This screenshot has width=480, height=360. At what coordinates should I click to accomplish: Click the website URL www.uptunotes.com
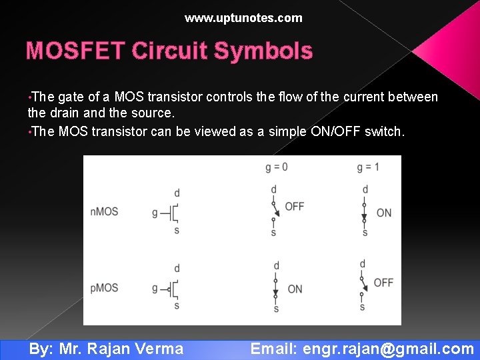[x=243, y=18]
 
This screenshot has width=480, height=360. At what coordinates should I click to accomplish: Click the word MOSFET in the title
[x=75, y=51]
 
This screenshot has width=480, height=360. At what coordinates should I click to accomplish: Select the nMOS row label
[x=104, y=212]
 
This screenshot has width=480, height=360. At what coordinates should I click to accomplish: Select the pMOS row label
[x=104, y=288]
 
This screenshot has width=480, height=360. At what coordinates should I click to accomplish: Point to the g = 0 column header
[x=277, y=167]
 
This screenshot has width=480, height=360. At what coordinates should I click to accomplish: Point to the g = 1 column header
[x=367, y=167]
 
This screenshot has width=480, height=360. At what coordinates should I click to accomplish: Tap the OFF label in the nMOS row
[x=295, y=207]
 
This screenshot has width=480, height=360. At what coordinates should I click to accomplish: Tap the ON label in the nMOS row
[x=384, y=213]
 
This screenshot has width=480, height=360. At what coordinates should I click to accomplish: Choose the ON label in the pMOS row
[x=295, y=289]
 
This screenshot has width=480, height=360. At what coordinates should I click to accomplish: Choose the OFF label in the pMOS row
[x=383, y=283]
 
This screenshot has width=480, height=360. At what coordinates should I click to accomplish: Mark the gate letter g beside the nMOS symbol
[x=155, y=213]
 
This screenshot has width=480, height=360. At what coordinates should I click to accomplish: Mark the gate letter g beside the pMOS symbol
[x=155, y=289]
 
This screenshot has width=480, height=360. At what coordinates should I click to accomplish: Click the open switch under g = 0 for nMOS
[x=274, y=211]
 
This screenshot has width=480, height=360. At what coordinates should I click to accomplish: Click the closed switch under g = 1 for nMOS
[x=365, y=211]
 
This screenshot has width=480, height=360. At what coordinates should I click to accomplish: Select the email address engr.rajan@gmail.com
[x=388, y=349]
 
